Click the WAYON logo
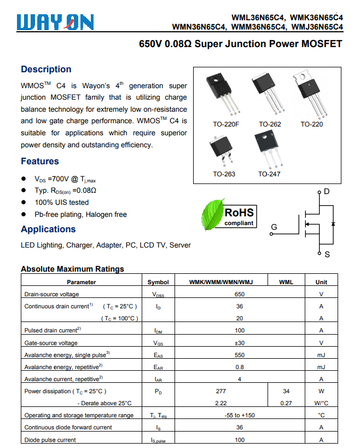point(55,21)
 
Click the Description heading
point(46,69)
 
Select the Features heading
point(40,161)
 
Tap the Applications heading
point(48,229)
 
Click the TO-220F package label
point(226,124)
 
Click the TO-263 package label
point(224,174)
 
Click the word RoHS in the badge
point(239,212)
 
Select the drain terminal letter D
point(327,192)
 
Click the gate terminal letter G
point(274,227)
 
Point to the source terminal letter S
point(327,255)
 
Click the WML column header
point(286,282)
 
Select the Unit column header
point(321,282)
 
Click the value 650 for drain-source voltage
point(240,294)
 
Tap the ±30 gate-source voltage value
point(240,343)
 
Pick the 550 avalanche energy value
point(240,355)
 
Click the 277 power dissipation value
point(221,391)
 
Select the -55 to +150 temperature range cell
point(240,415)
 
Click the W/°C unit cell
point(321,403)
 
